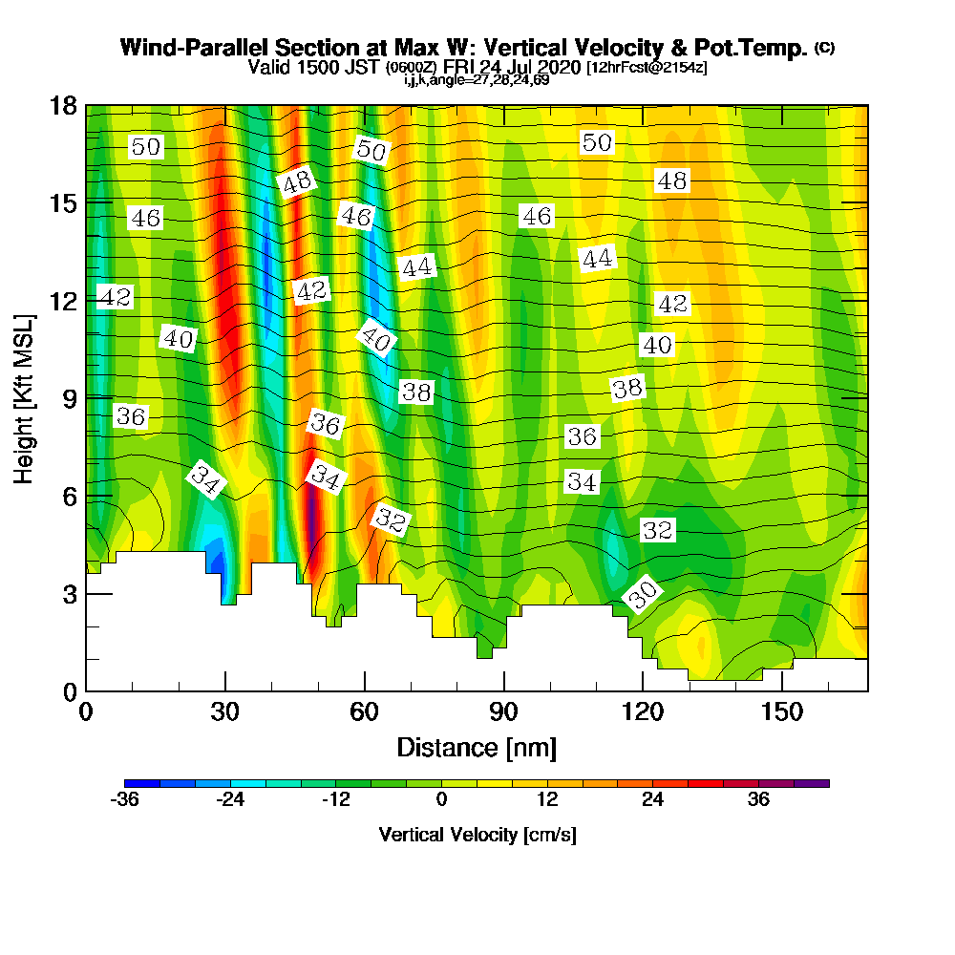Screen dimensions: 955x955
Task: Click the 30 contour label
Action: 643,596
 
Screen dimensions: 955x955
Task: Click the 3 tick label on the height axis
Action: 71,593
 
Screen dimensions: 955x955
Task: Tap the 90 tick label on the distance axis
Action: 503,713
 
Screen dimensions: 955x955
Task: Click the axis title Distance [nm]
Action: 477,747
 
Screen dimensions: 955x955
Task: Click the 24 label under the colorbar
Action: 652,800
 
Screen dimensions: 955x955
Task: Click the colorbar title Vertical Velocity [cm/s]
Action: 477,835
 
